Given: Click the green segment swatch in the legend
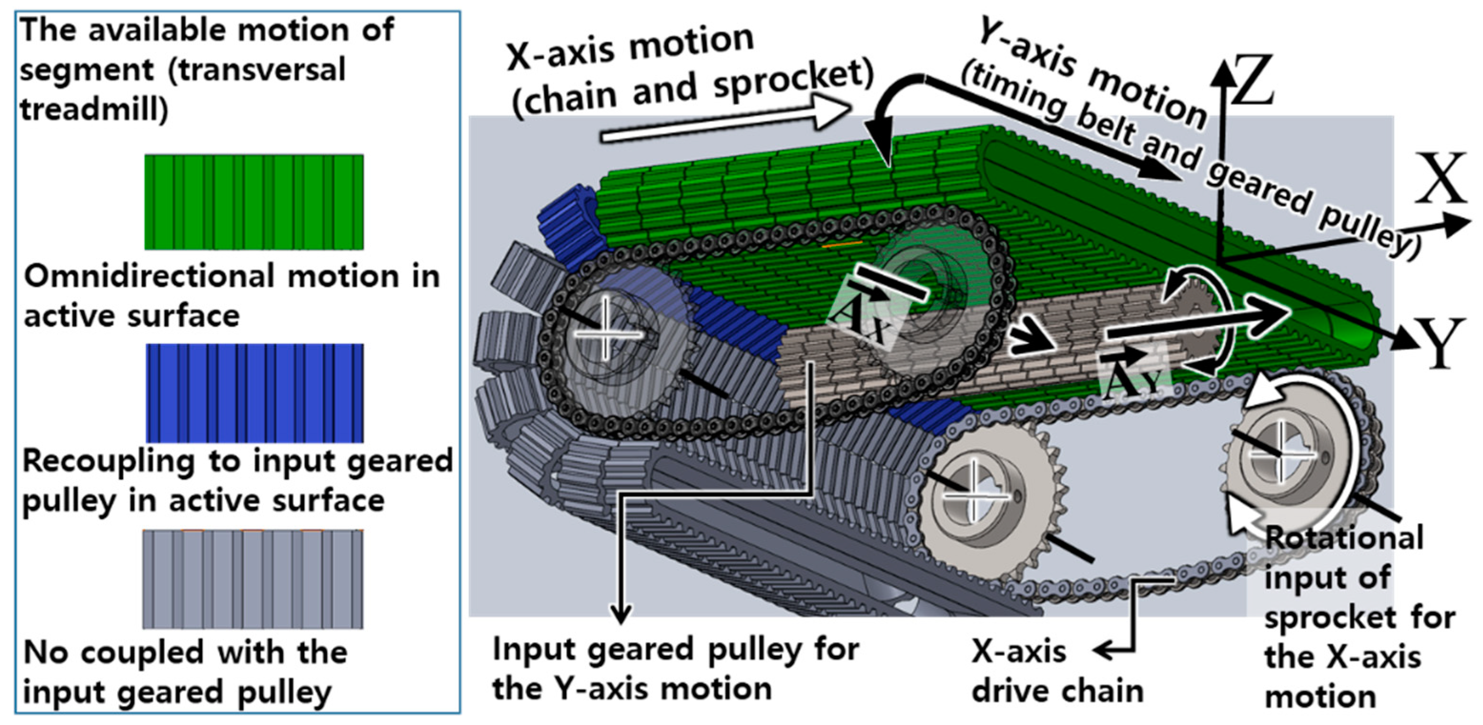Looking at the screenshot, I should pos(254,201).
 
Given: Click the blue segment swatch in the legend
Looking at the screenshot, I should pos(254,393).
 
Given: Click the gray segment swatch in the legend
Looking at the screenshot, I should pos(254,579).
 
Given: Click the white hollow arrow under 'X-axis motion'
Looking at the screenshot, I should pos(725,122).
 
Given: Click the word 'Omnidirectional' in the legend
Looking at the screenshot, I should pos(151,276).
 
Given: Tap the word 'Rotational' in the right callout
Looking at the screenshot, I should pos(1344,538).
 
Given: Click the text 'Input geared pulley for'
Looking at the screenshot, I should pos(675,649).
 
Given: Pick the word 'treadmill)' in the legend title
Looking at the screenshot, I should pos(94,108).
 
